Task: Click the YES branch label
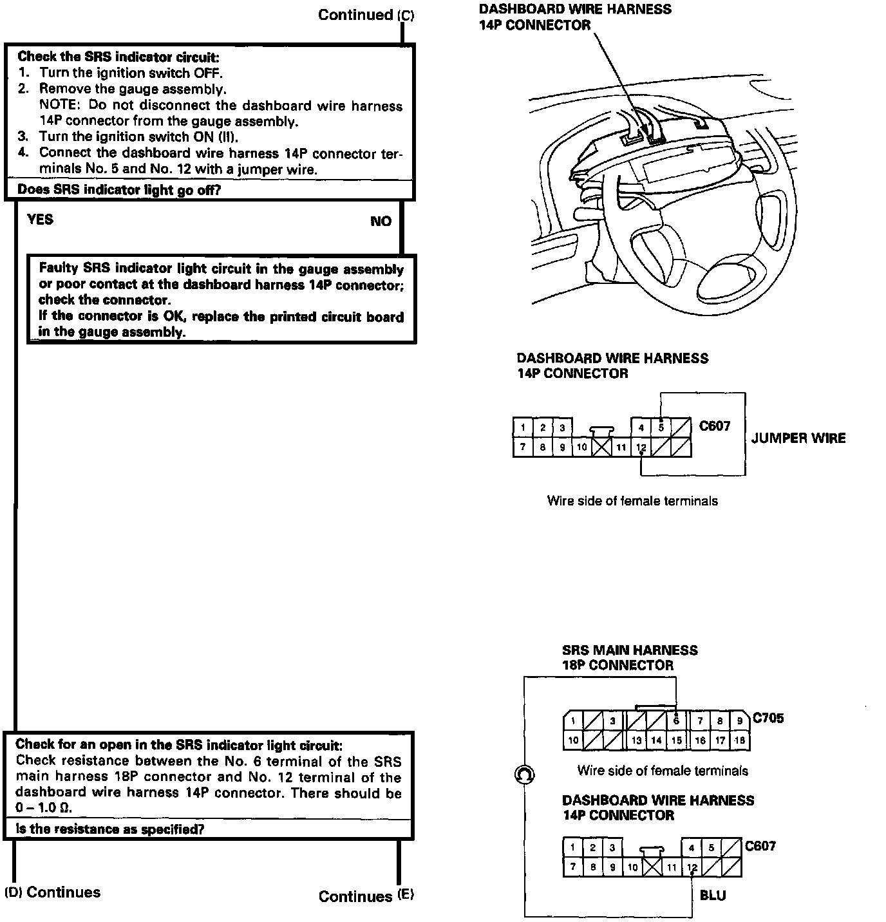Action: pyautogui.click(x=40, y=220)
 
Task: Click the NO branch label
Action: pyautogui.click(x=381, y=221)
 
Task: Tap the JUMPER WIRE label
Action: pyautogui.click(x=798, y=438)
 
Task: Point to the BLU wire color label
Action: pyautogui.click(x=712, y=896)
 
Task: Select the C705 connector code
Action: pyautogui.click(x=768, y=718)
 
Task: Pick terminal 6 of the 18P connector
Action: pyautogui.click(x=676, y=721)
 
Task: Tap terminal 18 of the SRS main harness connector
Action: pyautogui.click(x=740, y=740)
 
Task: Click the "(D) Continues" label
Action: pyautogui.click(x=53, y=892)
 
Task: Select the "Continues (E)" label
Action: pyautogui.click(x=366, y=896)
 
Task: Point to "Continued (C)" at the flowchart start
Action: pyautogui.click(x=366, y=15)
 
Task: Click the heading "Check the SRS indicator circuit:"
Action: pyautogui.click(x=118, y=57)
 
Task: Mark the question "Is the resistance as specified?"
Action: pyautogui.click(x=109, y=829)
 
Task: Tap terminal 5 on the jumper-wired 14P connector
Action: pyautogui.click(x=661, y=427)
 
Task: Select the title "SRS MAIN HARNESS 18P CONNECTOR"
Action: pyautogui.click(x=629, y=657)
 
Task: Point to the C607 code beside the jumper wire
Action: pyautogui.click(x=715, y=426)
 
